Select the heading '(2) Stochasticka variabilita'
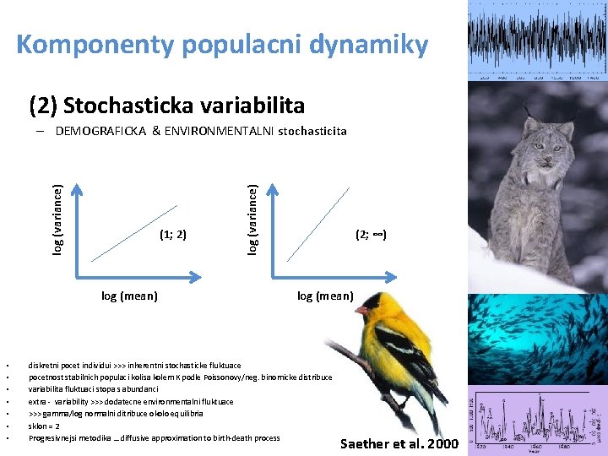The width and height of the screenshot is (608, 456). pos(166,106)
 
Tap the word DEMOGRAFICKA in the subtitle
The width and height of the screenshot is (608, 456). pos(110,131)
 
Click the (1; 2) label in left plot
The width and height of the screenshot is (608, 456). pos(172,234)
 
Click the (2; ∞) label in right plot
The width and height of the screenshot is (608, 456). pos(371,234)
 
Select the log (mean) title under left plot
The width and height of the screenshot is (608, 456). pos(129,296)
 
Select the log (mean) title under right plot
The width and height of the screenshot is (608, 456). pos(325,296)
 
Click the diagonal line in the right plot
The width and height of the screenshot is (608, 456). pos(319,221)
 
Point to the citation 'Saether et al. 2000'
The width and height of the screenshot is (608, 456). pos(399,444)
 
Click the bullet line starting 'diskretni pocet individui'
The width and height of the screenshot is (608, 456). pos(134,366)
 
